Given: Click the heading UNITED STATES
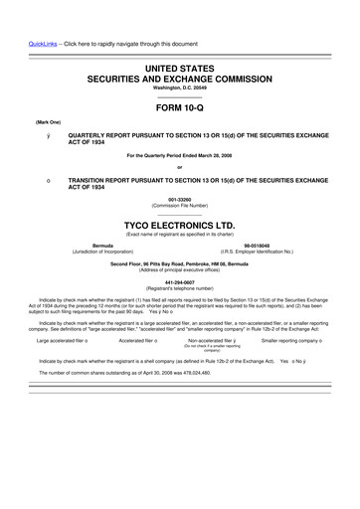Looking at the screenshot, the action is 179,66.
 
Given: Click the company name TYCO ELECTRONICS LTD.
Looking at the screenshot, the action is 179,225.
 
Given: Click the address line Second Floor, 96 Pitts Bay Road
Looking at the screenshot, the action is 179,263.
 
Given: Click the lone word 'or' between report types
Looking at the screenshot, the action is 179,166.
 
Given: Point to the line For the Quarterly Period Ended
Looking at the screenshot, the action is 179,155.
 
